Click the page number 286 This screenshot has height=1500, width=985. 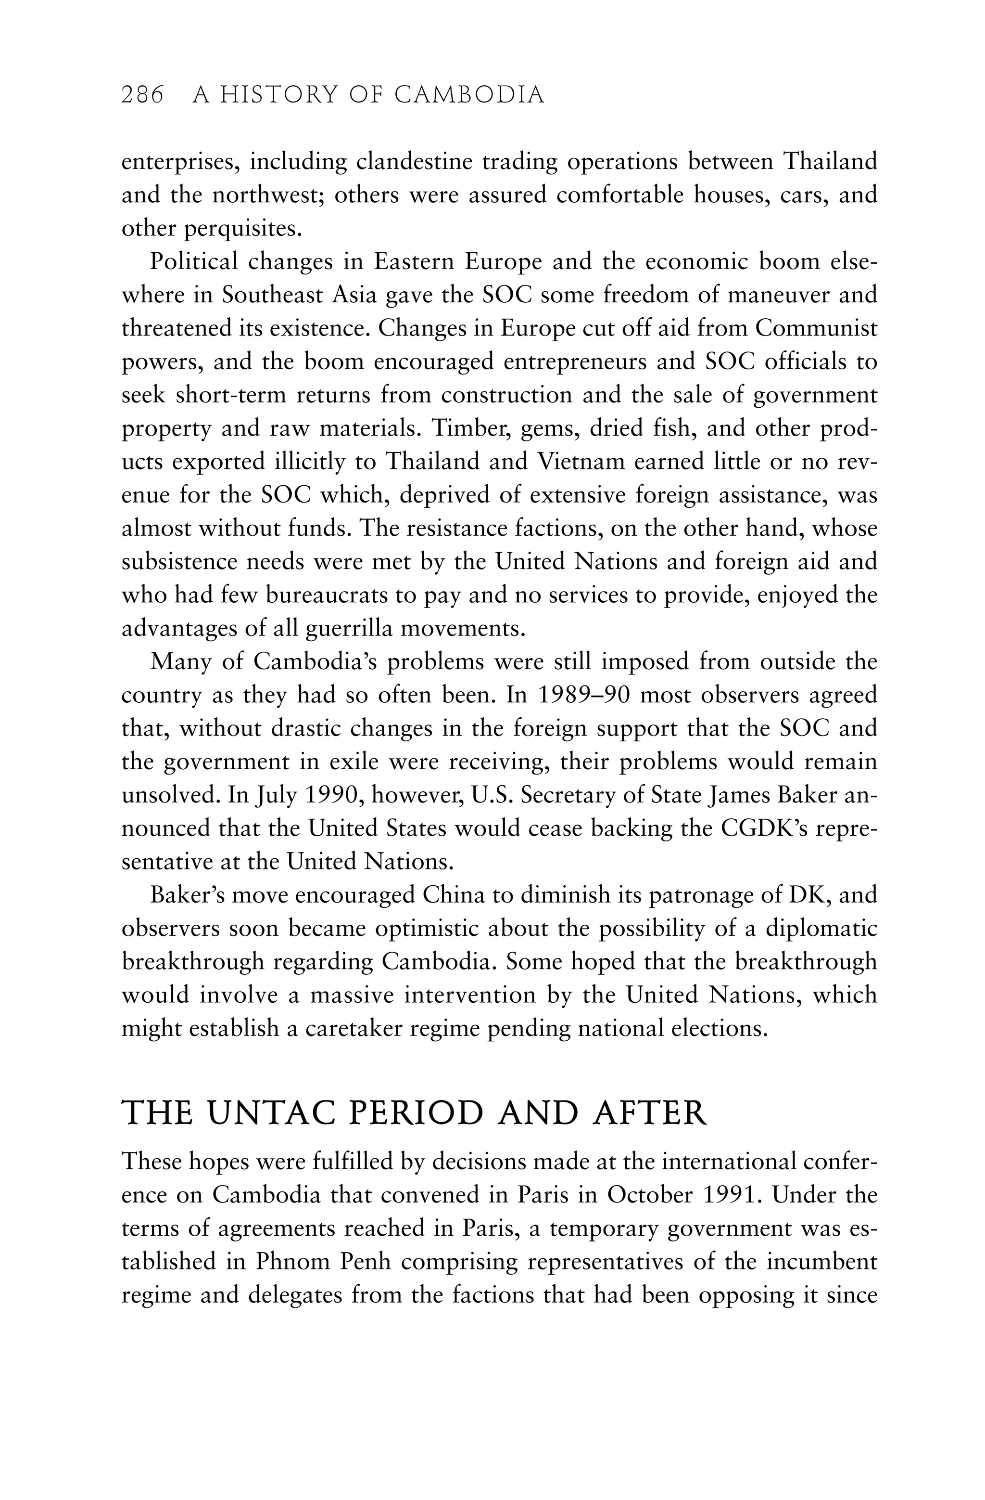point(142,95)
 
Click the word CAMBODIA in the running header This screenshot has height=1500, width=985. point(469,95)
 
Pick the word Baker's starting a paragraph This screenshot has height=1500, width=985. point(187,895)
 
